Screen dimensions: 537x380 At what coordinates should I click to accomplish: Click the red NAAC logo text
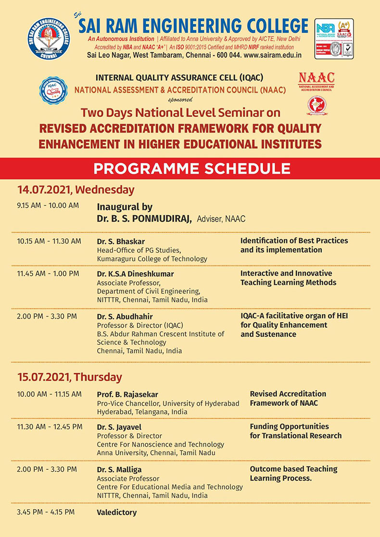click(x=317, y=78)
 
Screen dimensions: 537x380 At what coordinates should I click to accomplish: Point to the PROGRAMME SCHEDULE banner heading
click(x=191, y=169)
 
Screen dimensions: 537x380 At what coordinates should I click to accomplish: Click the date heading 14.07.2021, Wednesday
click(x=76, y=189)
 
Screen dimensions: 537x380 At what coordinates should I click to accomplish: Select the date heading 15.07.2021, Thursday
click(x=69, y=377)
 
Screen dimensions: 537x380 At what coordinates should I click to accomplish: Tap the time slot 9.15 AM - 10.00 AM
click(x=48, y=206)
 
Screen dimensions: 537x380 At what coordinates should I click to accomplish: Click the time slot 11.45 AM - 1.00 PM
click(x=48, y=274)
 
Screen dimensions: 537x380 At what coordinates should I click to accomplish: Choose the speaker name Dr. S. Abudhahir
click(x=125, y=316)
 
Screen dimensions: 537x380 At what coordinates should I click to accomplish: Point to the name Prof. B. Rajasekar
click(x=127, y=394)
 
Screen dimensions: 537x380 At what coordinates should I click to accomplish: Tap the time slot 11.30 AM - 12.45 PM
click(x=50, y=427)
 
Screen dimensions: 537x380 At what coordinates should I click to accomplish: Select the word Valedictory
click(x=117, y=513)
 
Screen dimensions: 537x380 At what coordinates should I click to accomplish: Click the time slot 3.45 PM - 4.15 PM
click(x=46, y=512)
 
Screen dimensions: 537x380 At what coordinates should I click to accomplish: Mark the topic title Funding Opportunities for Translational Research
click(x=295, y=431)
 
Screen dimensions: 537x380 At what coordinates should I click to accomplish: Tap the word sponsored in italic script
click(x=180, y=99)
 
